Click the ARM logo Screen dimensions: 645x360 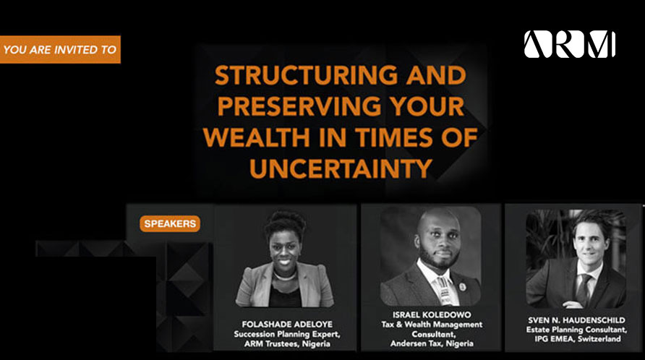[569, 44]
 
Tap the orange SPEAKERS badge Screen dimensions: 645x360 [170, 224]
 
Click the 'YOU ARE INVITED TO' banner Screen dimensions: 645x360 [60, 49]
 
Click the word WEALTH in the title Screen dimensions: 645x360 [256, 137]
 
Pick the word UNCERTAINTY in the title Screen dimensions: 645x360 [341, 168]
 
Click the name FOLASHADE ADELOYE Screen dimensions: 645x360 [287, 324]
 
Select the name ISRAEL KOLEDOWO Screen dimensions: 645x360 [432, 314]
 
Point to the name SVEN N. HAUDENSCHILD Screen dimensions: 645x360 [576, 320]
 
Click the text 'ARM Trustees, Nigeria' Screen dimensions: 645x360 [287, 343]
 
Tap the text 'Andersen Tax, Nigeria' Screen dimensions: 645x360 [432, 343]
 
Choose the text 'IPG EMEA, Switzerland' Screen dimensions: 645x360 [578, 338]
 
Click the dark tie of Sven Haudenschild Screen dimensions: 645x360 [583, 290]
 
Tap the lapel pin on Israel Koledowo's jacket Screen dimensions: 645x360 [462, 287]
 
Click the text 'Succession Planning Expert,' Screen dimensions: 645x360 [287, 334]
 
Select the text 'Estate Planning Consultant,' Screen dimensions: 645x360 [577, 329]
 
